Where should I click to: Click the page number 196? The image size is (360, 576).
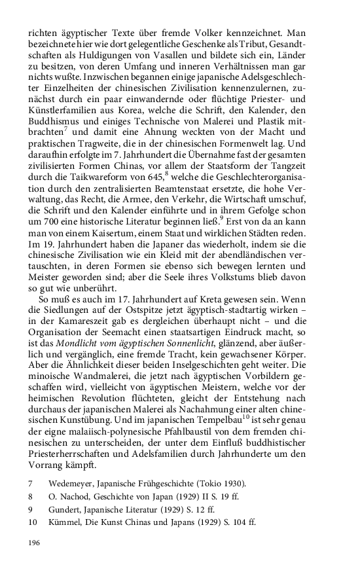[33, 543]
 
